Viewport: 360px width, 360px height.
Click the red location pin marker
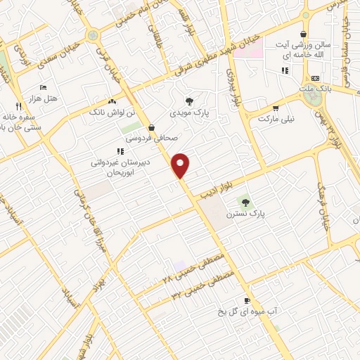pos(181,165)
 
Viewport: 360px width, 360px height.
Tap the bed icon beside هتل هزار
pos(44,87)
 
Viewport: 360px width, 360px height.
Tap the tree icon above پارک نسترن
pos(245,202)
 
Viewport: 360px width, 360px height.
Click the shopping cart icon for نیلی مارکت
pos(275,108)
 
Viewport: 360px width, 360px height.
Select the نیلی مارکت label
pos(274,119)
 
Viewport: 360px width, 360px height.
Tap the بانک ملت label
pos(314,89)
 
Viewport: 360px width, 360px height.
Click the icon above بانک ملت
pos(314,78)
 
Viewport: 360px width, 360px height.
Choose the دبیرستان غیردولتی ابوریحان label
pos(116,166)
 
